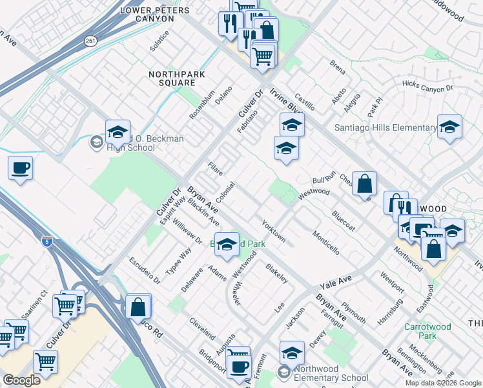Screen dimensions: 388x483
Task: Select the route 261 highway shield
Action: [x=90, y=40]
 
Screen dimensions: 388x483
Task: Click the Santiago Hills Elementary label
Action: [x=385, y=127]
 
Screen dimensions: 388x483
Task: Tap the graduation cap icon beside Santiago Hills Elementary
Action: [x=449, y=127]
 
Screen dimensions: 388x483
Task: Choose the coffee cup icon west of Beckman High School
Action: [x=20, y=168]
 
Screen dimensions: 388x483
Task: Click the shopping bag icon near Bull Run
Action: [x=365, y=183]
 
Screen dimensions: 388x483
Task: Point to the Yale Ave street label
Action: [x=336, y=283]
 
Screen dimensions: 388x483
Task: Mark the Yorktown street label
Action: [x=274, y=231]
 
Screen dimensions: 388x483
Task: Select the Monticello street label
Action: [x=325, y=241]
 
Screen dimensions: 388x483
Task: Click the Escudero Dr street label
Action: [x=145, y=272]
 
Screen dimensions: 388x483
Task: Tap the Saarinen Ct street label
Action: [x=34, y=304]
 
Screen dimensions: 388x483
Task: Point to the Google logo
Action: [x=21, y=380]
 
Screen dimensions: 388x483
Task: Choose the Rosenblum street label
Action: [x=201, y=104]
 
